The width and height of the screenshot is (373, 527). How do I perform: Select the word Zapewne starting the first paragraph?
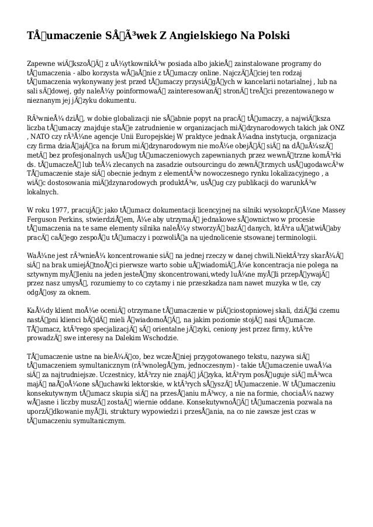43,63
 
